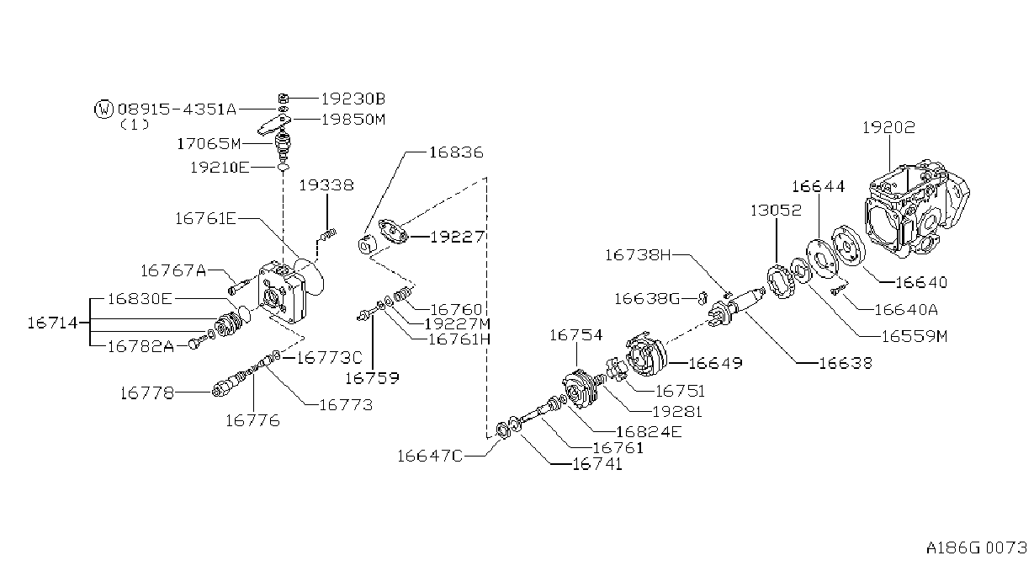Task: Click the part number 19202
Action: [888, 127]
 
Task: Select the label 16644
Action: [818, 187]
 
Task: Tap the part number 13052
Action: [776, 211]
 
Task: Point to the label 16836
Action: [456, 152]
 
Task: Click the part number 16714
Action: [53, 323]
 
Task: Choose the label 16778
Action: [146, 393]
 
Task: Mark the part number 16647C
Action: [430, 457]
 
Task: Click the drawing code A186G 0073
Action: [976, 548]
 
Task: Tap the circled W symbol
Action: [103, 109]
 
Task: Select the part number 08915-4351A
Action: [177, 109]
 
